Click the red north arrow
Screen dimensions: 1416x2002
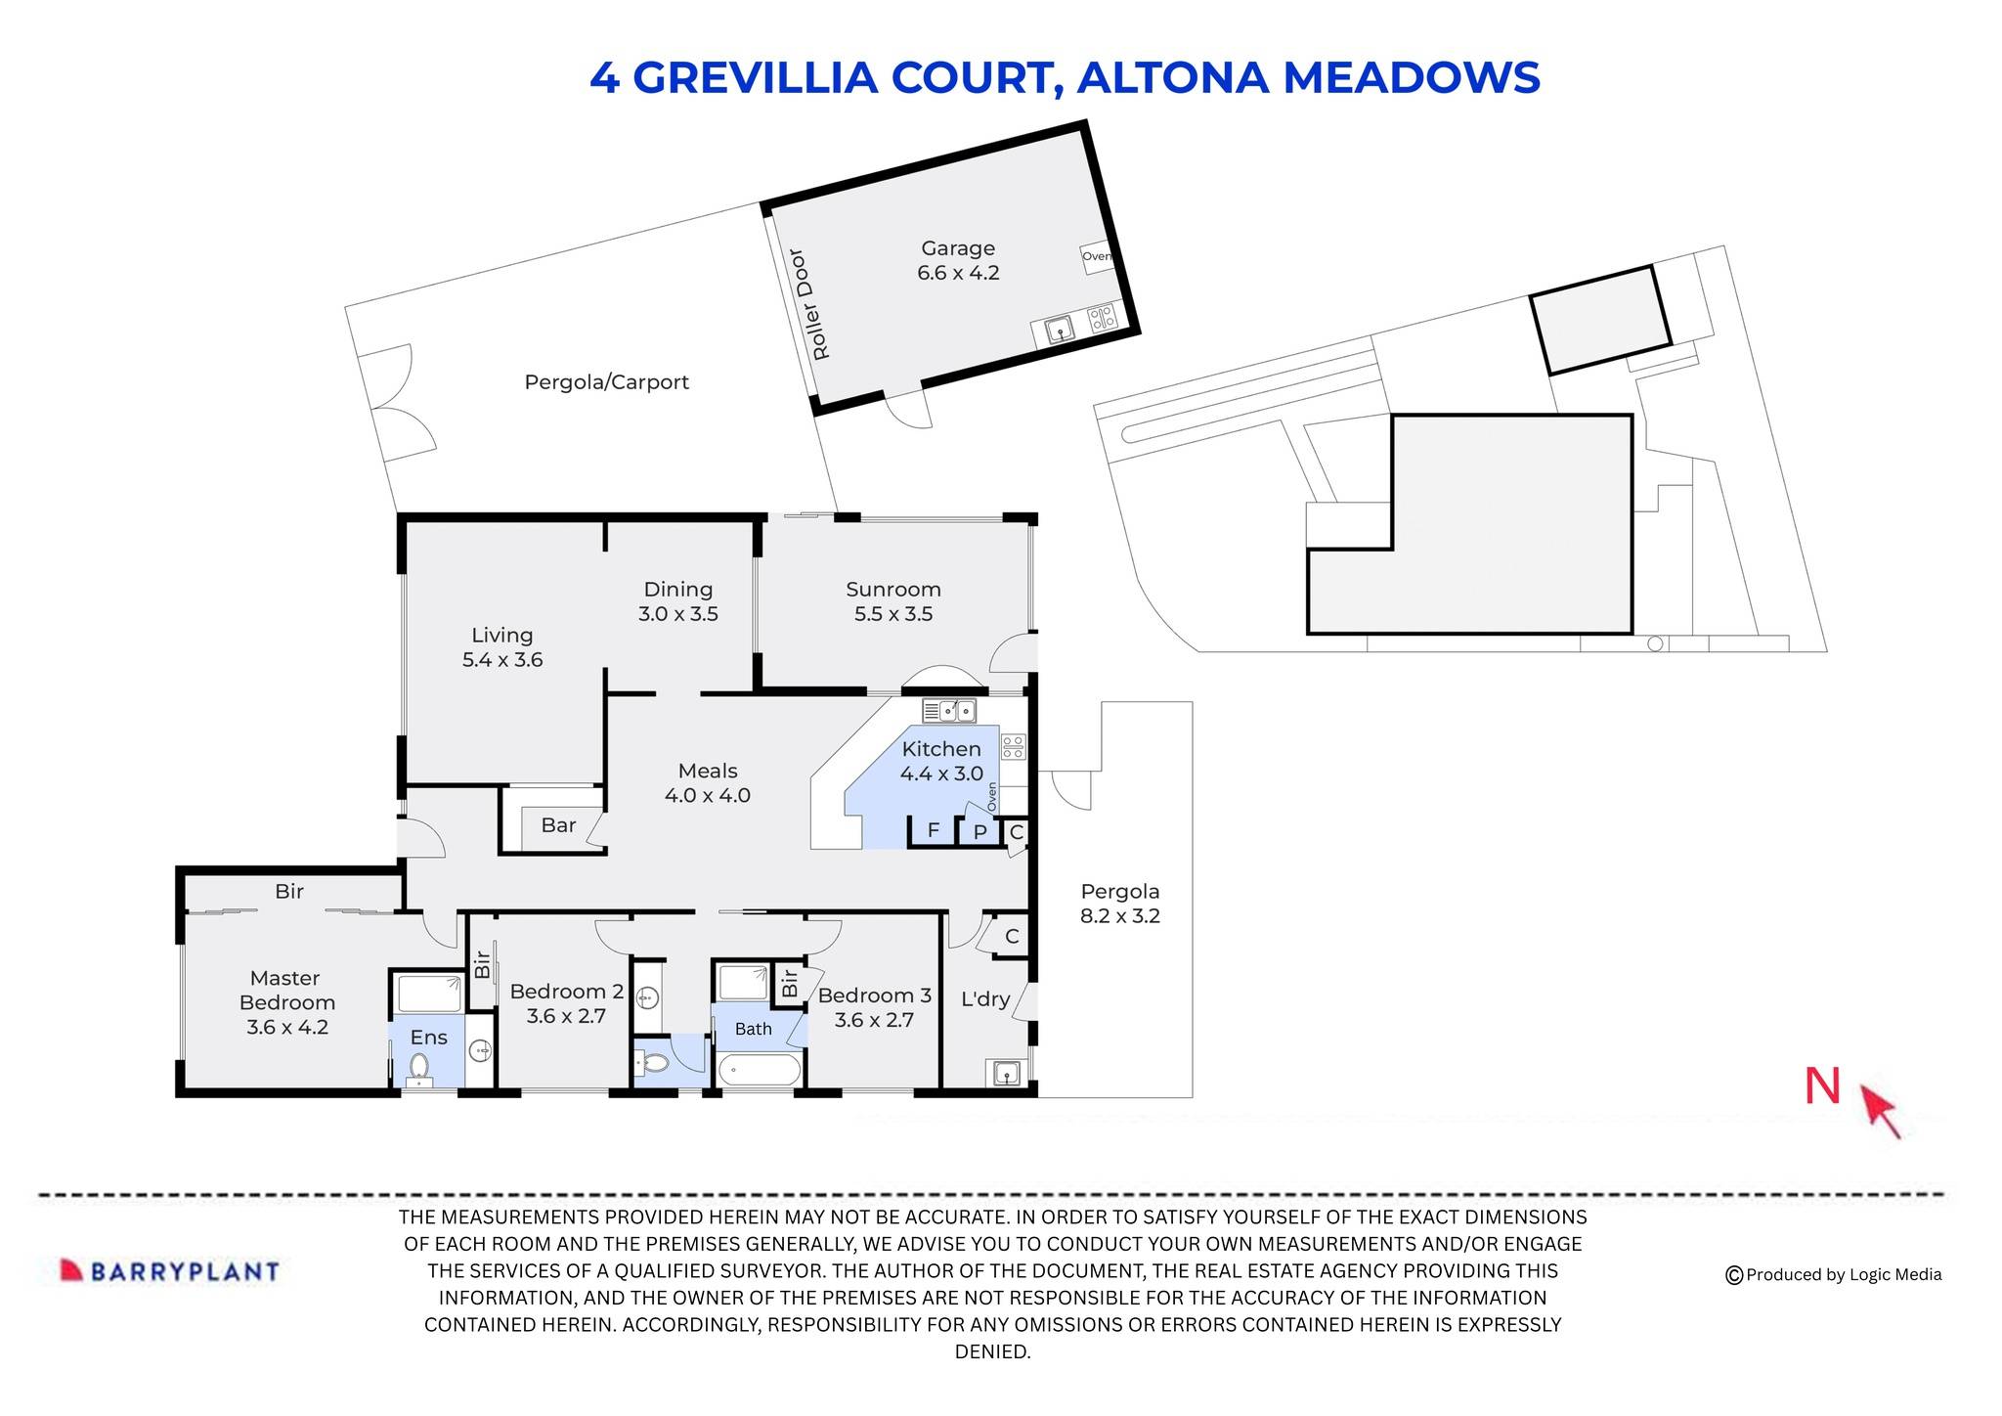pyautogui.click(x=1880, y=1111)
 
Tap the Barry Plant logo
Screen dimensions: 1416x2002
pyautogui.click(x=170, y=1270)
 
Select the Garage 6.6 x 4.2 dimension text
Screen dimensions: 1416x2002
pyautogui.click(x=958, y=273)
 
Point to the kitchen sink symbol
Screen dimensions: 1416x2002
pyautogui.click(x=948, y=711)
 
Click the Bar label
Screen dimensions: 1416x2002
pyautogui.click(x=558, y=825)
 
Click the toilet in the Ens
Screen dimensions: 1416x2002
pyautogui.click(x=419, y=1068)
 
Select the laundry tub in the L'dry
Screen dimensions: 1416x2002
pyautogui.click(x=1007, y=1073)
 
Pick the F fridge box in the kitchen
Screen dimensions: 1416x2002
pyautogui.click(x=933, y=830)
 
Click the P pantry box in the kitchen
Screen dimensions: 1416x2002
pyautogui.click(x=979, y=832)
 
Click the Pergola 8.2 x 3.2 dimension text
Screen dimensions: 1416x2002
pyautogui.click(x=1120, y=916)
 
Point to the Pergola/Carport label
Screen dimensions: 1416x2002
pyautogui.click(x=606, y=382)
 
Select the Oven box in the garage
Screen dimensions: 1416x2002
pyautogui.click(x=1096, y=257)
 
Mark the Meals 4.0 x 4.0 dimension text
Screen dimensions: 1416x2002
pyautogui.click(x=707, y=795)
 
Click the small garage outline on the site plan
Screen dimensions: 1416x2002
pyautogui.click(x=1599, y=319)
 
